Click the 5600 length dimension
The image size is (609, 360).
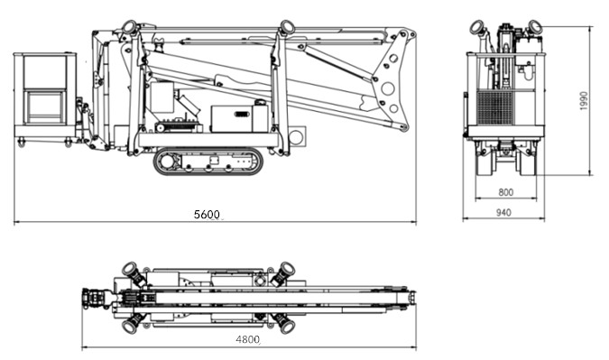(207, 215)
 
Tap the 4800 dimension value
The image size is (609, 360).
(248, 339)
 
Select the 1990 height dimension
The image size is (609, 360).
(584, 101)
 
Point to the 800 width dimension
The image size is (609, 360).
(505, 192)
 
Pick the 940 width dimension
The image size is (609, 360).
(503, 212)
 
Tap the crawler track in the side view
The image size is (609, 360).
(208, 162)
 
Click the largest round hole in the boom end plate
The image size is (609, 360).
(388, 88)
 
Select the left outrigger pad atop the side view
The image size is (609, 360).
(129, 28)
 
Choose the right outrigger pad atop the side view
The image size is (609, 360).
(287, 27)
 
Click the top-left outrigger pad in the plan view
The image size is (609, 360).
(130, 269)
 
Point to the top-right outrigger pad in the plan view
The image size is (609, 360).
(287, 269)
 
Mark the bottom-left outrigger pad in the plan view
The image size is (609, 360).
(129, 326)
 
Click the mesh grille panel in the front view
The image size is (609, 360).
(495, 107)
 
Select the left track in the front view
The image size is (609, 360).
(485, 162)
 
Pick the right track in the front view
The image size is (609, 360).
(525, 162)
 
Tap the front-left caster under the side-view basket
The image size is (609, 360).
(22, 143)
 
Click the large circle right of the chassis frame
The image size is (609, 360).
(296, 137)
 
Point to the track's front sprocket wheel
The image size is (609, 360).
(168, 162)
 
